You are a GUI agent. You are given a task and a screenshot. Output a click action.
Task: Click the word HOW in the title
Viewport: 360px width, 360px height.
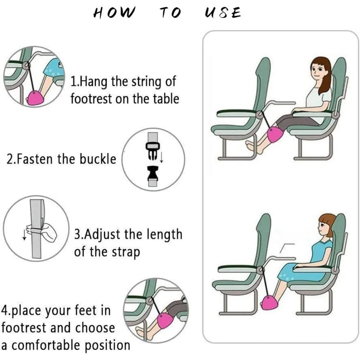click(114, 13)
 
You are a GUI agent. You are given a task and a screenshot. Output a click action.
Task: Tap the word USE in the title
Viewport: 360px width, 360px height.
click(223, 13)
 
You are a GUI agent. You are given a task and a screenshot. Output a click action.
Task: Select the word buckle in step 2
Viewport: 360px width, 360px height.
click(98, 159)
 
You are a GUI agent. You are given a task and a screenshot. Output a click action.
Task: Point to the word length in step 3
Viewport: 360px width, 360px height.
click(164, 235)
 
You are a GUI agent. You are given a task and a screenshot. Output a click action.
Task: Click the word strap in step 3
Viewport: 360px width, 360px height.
click(126, 252)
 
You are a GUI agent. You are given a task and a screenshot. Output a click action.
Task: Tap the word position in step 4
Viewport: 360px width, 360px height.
click(108, 346)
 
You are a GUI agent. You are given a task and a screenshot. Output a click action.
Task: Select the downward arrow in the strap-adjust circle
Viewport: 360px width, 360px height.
click(24, 234)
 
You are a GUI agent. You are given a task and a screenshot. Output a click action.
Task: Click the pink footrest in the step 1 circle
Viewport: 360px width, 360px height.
click(35, 98)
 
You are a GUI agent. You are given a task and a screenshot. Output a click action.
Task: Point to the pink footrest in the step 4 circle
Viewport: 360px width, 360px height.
click(165, 320)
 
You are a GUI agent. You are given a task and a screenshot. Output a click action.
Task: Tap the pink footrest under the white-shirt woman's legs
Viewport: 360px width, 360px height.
click(275, 135)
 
